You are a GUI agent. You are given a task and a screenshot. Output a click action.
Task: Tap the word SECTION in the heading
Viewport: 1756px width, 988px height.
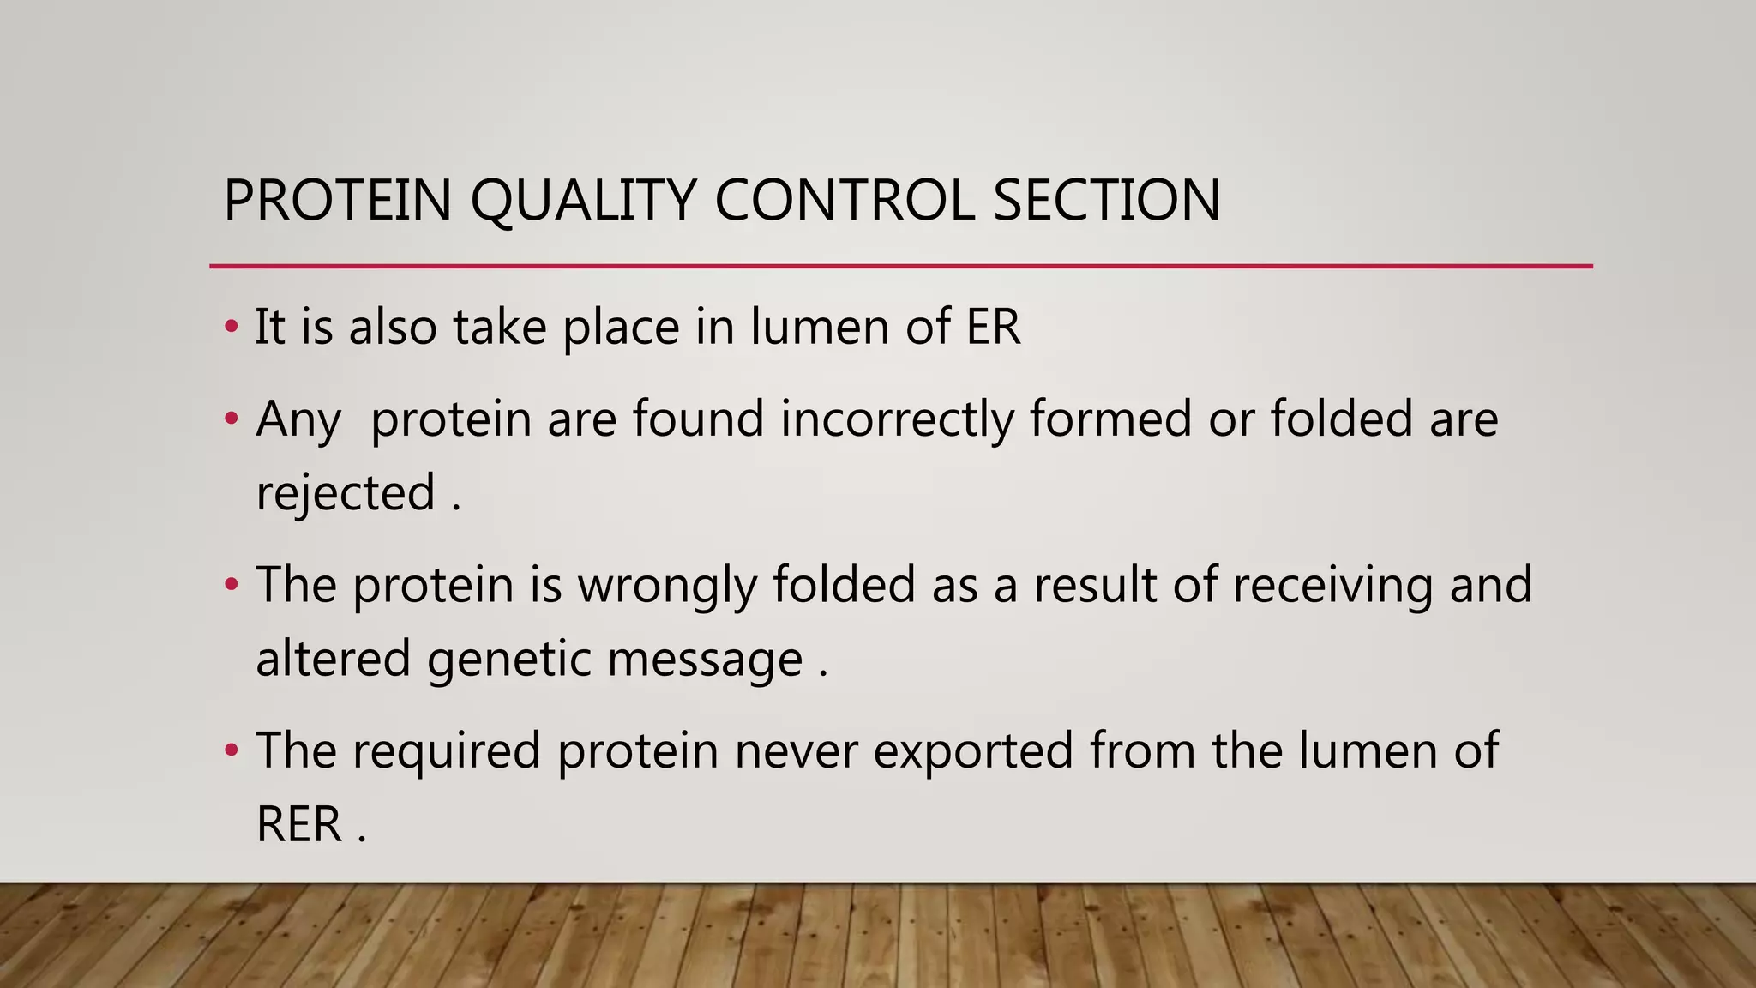click(1106, 200)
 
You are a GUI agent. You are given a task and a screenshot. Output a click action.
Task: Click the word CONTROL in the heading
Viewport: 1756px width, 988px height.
click(845, 200)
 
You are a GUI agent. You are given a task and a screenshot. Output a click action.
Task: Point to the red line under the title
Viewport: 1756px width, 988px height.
click(900, 267)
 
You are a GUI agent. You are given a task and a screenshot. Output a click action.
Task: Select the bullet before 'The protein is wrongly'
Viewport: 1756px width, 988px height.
click(231, 585)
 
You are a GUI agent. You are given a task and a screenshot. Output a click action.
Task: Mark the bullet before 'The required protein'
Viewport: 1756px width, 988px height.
click(231, 750)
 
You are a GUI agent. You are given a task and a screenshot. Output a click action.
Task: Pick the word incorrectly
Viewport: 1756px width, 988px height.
click(897, 419)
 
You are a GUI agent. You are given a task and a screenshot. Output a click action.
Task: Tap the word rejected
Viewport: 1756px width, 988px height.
click(346, 493)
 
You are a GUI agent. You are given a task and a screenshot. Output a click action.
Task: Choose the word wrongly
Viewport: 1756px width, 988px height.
click(667, 586)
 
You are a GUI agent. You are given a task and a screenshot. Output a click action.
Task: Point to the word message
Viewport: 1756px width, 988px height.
click(705, 660)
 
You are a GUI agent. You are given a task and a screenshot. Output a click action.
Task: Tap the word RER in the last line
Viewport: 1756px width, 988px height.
click(298, 824)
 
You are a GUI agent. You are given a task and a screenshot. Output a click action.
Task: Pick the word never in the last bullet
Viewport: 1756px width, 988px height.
click(796, 750)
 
